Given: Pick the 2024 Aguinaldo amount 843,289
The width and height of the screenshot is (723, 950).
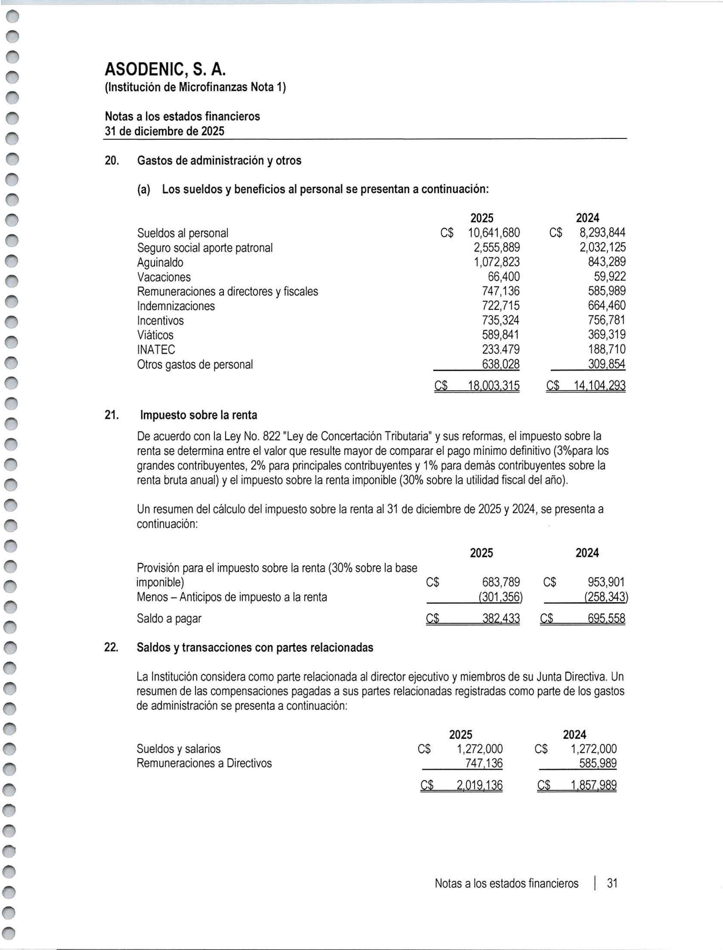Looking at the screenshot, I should tap(607, 262).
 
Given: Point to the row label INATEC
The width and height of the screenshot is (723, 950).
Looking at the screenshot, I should tap(156, 349).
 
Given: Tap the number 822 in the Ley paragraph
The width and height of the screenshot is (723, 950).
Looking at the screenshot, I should tap(272, 436).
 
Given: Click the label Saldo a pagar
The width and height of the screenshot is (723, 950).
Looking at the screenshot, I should tap(169, 619).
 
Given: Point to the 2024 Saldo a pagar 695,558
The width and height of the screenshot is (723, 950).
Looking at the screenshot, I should tap(606, 619).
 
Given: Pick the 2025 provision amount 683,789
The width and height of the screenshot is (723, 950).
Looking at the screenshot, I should tap(501, 583).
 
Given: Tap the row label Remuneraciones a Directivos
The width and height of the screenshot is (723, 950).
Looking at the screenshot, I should tap(204, 763).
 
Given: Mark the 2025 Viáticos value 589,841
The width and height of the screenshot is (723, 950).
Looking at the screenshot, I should tap(500, 335).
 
